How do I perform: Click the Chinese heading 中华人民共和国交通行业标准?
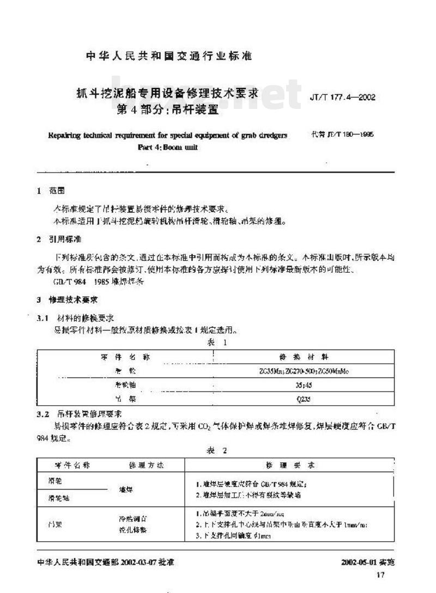point(169,56)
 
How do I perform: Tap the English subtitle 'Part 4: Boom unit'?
point(166,148)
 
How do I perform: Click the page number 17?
point(380,575)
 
